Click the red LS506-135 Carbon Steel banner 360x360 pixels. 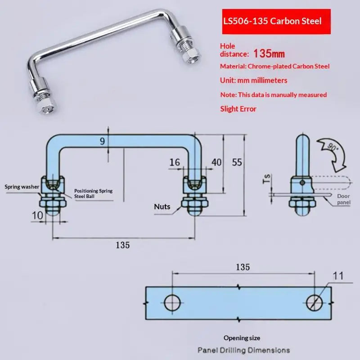coord(276,22)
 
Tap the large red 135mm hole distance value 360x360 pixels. coord(269,54)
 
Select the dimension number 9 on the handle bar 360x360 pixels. coord(103,141)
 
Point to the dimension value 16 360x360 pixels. coord(175,162)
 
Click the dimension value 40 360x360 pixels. coord(216,162)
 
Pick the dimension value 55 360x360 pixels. coord(237,162)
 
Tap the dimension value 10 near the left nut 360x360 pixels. coord(37,216)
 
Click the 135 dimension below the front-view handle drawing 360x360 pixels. coord(122,245)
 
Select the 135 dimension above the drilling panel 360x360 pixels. coord(243,267)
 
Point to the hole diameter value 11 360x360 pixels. coord(338,276)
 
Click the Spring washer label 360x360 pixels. coord(22,187)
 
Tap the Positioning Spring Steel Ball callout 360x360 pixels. coord(93,193)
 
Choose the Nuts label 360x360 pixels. coord(162,207)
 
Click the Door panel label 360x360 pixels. coord(344,199)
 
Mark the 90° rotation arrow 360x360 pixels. coord(332,154)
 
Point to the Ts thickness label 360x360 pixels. coord(267,179)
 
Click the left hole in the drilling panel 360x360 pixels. coord(172,303)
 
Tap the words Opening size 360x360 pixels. coord(242,338)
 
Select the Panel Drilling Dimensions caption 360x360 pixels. coord(243,351)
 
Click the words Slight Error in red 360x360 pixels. coord(238,109)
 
